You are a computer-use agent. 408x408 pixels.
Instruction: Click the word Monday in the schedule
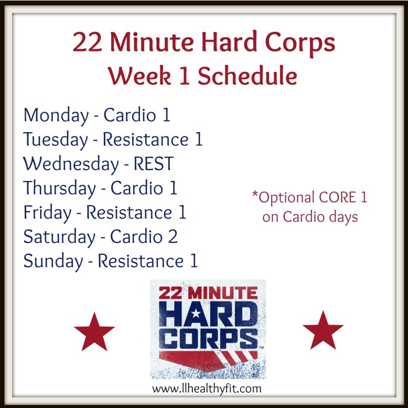tap(56, 116)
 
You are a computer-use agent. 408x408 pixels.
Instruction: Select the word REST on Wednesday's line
tap(152, 164)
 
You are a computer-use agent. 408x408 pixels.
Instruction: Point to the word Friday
tap(48, 212)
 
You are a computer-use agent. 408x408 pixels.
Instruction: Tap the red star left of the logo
tap(94, 331)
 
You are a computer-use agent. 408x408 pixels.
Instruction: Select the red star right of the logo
tap(323, 330)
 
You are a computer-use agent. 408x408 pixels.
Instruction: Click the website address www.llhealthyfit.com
tap(207, 389)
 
